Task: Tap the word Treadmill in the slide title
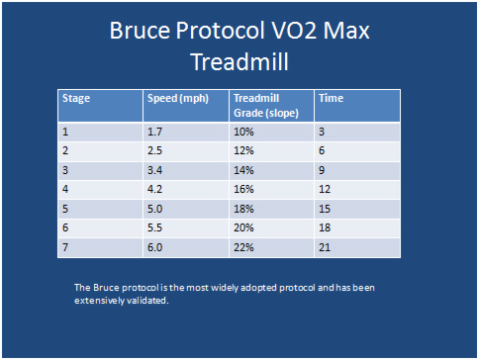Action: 239,62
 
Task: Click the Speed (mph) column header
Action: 174,98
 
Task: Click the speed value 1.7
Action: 155,131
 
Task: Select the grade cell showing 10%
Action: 243,131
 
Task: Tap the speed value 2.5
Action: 155,149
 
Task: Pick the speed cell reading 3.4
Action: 155,168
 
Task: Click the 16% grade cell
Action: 243,188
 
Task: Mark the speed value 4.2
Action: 155,188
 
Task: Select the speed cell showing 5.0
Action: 155,207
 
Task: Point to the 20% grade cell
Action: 243,226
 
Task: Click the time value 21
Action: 324,245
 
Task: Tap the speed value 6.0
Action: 155,245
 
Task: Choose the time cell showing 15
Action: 324,207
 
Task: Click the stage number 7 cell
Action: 65,245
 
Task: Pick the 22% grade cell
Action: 243,245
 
